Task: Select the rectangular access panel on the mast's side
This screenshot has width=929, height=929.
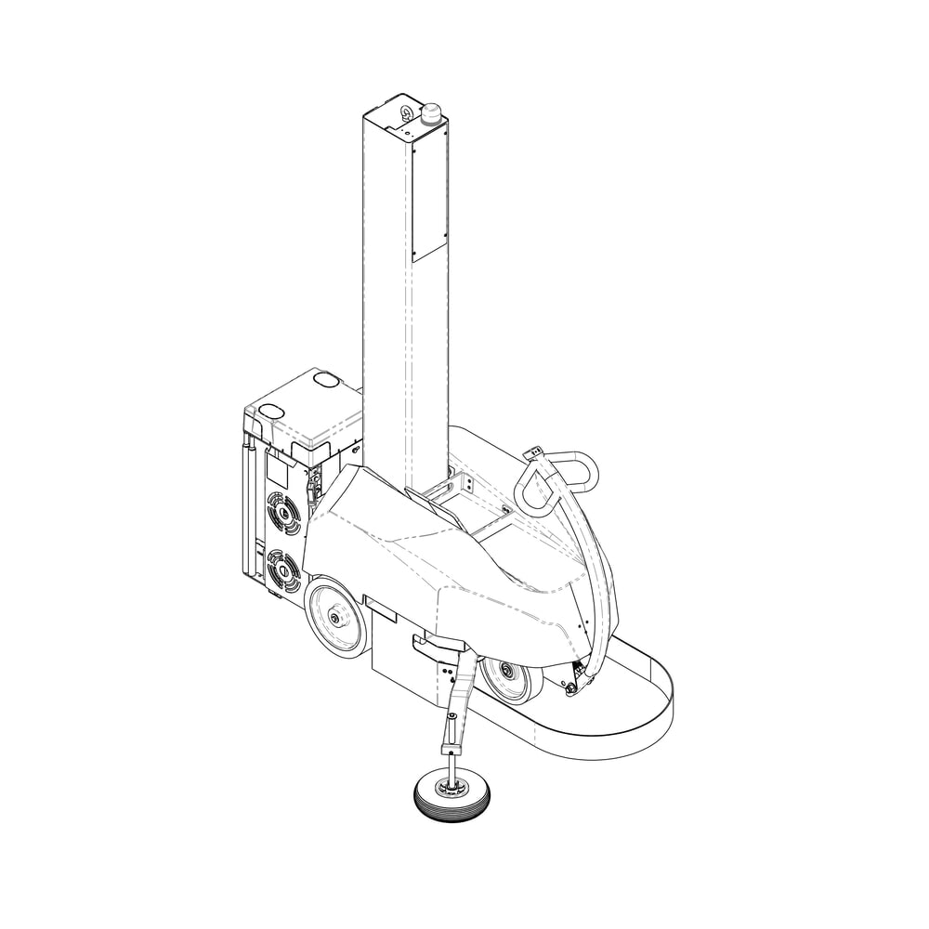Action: click(x=428, y=195)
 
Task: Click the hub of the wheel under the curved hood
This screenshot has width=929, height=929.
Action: click(x=506, y=671)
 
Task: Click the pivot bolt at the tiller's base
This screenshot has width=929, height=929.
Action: click(x=583, y=686)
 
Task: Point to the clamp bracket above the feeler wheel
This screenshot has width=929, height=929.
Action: click(x=452, y=748)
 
